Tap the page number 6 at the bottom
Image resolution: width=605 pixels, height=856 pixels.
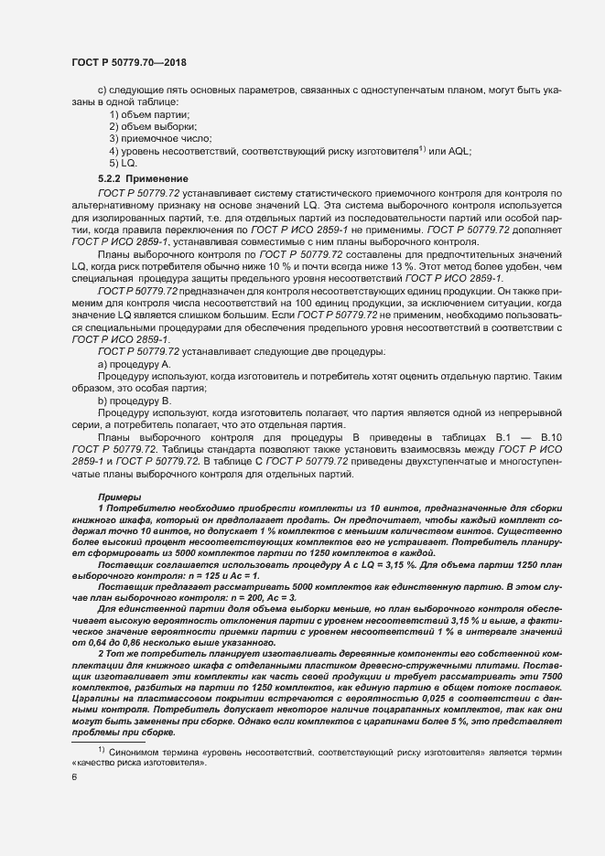tap(74, 778)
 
